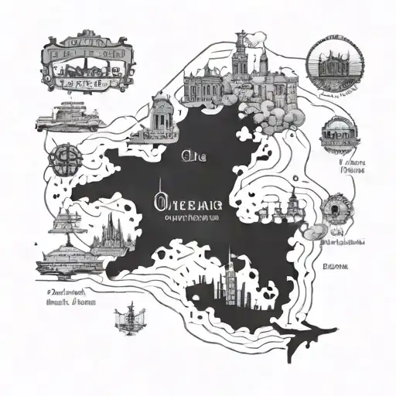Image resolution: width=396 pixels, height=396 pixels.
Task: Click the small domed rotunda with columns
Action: [x=162, y=115]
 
